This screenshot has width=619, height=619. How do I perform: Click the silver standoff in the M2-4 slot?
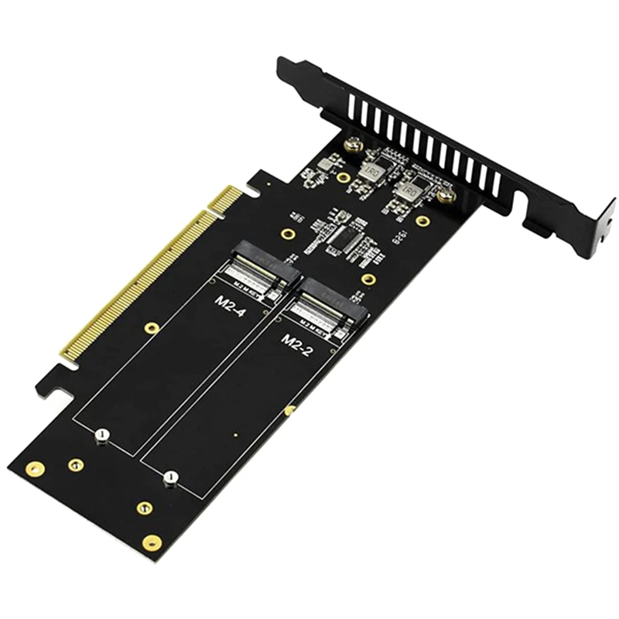pyautogui.click(x=101, y=436)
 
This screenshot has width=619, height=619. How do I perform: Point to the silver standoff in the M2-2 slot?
pyautogui.click(x=172, y=477)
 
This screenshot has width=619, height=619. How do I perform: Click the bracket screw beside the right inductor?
pyautogui.click(x=446, y=196)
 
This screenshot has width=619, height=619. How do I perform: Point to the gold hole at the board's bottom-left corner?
pyautogui.click(x=35, y=469)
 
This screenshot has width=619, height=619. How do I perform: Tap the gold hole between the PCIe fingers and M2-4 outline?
pyautogui.click(x=152, y=328)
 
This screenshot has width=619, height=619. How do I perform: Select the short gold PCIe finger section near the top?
pyautogui.click(x=226, y=200)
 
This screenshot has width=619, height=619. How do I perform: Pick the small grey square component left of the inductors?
pyautogui.click(x=327, y=162)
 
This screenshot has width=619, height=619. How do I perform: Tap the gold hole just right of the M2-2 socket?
pyautogui.click(x=370, y=279)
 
